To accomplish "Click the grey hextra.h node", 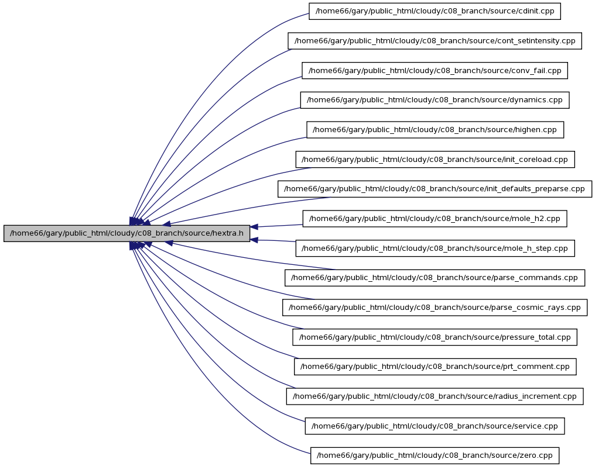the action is pos(126,233).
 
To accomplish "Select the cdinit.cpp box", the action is pos(435,11).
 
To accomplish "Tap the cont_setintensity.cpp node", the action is pos(435,40).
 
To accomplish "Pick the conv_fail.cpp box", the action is pos(435,71).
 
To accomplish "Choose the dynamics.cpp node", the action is pos(435,100).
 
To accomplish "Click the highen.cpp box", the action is pos(435,130).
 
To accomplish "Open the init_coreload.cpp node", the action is pos(435,159).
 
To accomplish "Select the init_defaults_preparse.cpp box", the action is pos(435,189).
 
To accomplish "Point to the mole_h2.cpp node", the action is pos(435,219).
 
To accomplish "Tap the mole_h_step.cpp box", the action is pos(435,248).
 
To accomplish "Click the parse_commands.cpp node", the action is pos(435,278).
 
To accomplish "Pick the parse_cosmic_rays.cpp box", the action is pos(435,308).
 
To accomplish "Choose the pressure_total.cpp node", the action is pos(435,337).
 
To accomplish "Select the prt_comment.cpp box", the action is pos(435,367).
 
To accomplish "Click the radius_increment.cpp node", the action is pos(435,396).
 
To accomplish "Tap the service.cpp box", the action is pos(435,426).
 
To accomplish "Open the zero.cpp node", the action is pos(435,455).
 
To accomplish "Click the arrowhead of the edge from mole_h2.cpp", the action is pos(254,227).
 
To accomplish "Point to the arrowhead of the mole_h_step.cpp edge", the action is pos(254,240).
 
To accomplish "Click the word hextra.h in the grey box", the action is pos(228,233).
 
